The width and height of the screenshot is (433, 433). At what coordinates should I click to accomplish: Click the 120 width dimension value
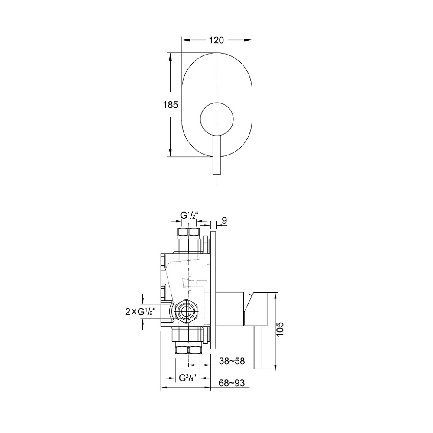click(x=216, y=40)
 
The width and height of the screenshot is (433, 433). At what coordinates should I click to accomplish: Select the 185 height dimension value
click(x=170, y=105)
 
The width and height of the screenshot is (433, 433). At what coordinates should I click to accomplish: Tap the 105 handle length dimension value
click(x=280, y=329)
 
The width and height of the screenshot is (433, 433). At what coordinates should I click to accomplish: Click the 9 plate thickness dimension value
click(x=224, y=221)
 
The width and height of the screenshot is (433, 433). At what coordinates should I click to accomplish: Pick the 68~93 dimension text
click(x=232, y=383)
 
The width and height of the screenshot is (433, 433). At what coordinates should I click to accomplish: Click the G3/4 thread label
click(x=188, y=378)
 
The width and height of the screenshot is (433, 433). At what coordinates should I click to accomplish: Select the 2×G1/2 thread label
click(x=141, y=312)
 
